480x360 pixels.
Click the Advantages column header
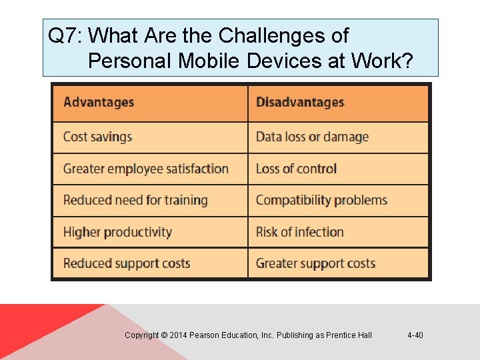point(99,103)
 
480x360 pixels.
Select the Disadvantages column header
point(300,103)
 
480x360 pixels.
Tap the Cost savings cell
point(98,137)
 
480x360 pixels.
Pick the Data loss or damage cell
point(312,137)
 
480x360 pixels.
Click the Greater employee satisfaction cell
point(146,169)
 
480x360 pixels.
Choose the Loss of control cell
point(296,169)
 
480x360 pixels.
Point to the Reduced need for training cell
point(135,201)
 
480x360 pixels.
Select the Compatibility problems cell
point(321,201)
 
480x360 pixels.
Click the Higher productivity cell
point(117,233)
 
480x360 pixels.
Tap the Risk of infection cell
point(299,233)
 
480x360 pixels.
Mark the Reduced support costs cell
point(127,264)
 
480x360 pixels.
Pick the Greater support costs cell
point(315,264)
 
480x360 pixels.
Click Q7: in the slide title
point(65,35)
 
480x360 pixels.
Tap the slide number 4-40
point(415,335)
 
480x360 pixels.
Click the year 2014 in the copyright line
point(179,335)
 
